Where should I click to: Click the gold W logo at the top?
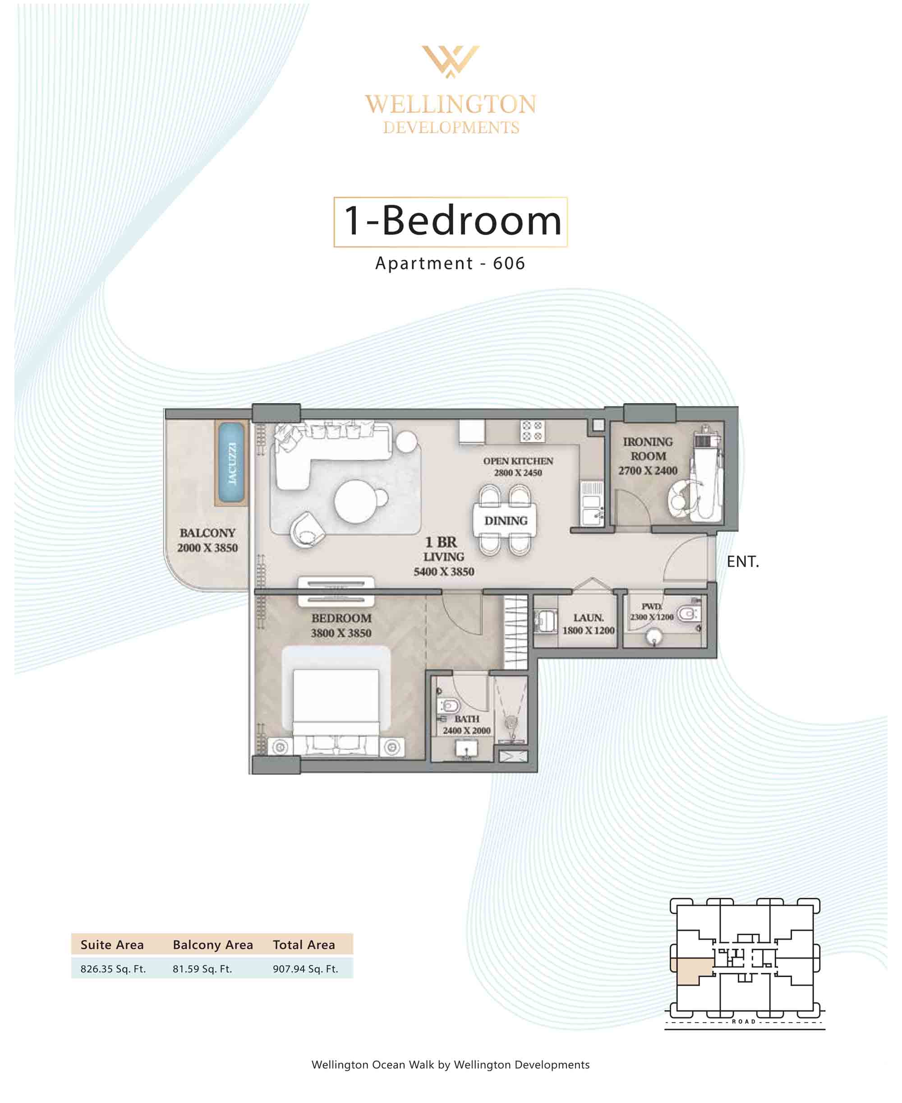pyautogui.click(x=451, y=61)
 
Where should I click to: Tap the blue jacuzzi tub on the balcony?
pyautogui.click(x=231, y=463)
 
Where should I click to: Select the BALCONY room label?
pyautogui.click(x=207, y=533)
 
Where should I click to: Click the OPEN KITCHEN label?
pyautogui.click(x=518, y=461)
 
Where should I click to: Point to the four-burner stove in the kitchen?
pyautogui.click(x=532, y=431)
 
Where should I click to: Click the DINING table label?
pyautogui.click(x=506, y=521)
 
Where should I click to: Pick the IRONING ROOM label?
pyautogui.click(x=648, y=449)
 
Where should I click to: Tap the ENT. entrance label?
pyautogui.click(x=742, y=562)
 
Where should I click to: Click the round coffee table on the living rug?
pyautogui.click(x=356, y=501)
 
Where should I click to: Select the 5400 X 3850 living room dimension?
pyautogui.click(x=444, y=572)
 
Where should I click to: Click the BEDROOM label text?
pyautogui.click(x=341, y=618)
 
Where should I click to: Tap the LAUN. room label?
pyautogui.click(x=588, y=617)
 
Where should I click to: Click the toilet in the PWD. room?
pyautogui.click(x=688, y=614)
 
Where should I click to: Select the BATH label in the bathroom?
pyautogui.click(x=467, y=719)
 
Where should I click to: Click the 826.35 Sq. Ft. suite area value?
pyautogui.click(x=113, y=969)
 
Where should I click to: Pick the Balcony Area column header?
pyautogui.click(x=213, y=945)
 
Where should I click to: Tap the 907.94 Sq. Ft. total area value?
pyautogui.click(x=305, y=969)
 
